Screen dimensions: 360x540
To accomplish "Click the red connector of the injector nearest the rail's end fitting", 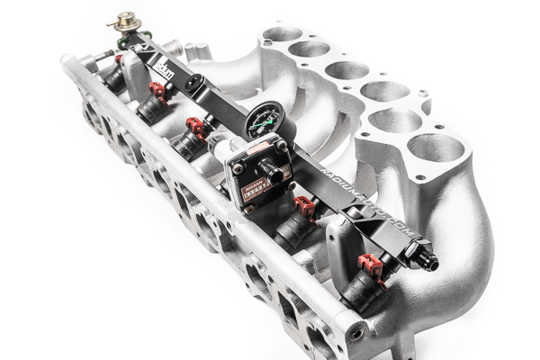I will point(371,265).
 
